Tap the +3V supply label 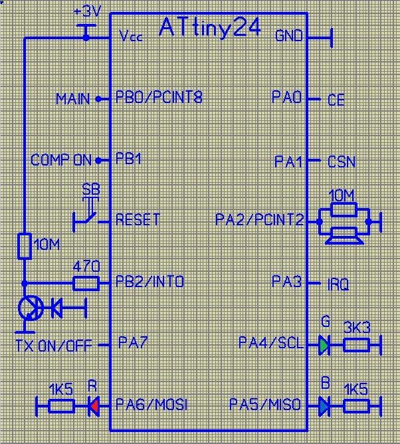[x=88, y=12]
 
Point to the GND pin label [x=288, y=35]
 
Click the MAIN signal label [x=72, y=99]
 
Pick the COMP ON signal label [x=61, y=160]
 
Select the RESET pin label [x=138, y=219]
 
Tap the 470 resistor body [x=86, y=284]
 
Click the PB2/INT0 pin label [x=150, y=282]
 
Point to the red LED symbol [x=94, y=404]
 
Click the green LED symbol [x=324, y=344]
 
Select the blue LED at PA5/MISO [x=324, y=404]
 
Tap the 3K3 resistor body [x=356, y=344]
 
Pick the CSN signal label [x=342, y=162]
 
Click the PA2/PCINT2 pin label [x=259, y=219]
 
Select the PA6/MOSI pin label [x=151, y=404]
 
